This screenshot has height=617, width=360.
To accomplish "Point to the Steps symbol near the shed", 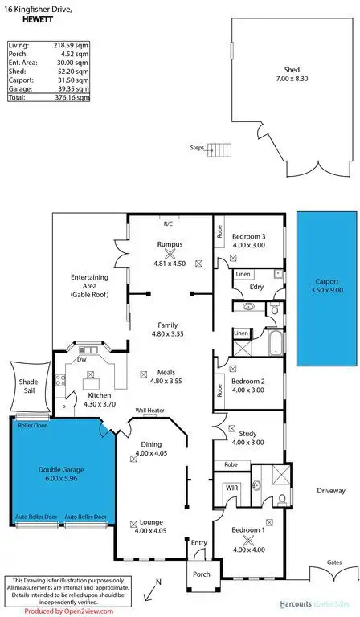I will pyautogui.click(x=219, y=149).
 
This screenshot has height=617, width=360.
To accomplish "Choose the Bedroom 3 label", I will pyautogui.click(x=248, y=236).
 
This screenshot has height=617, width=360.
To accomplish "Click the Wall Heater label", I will pyautogui.click(x=149, y=409).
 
